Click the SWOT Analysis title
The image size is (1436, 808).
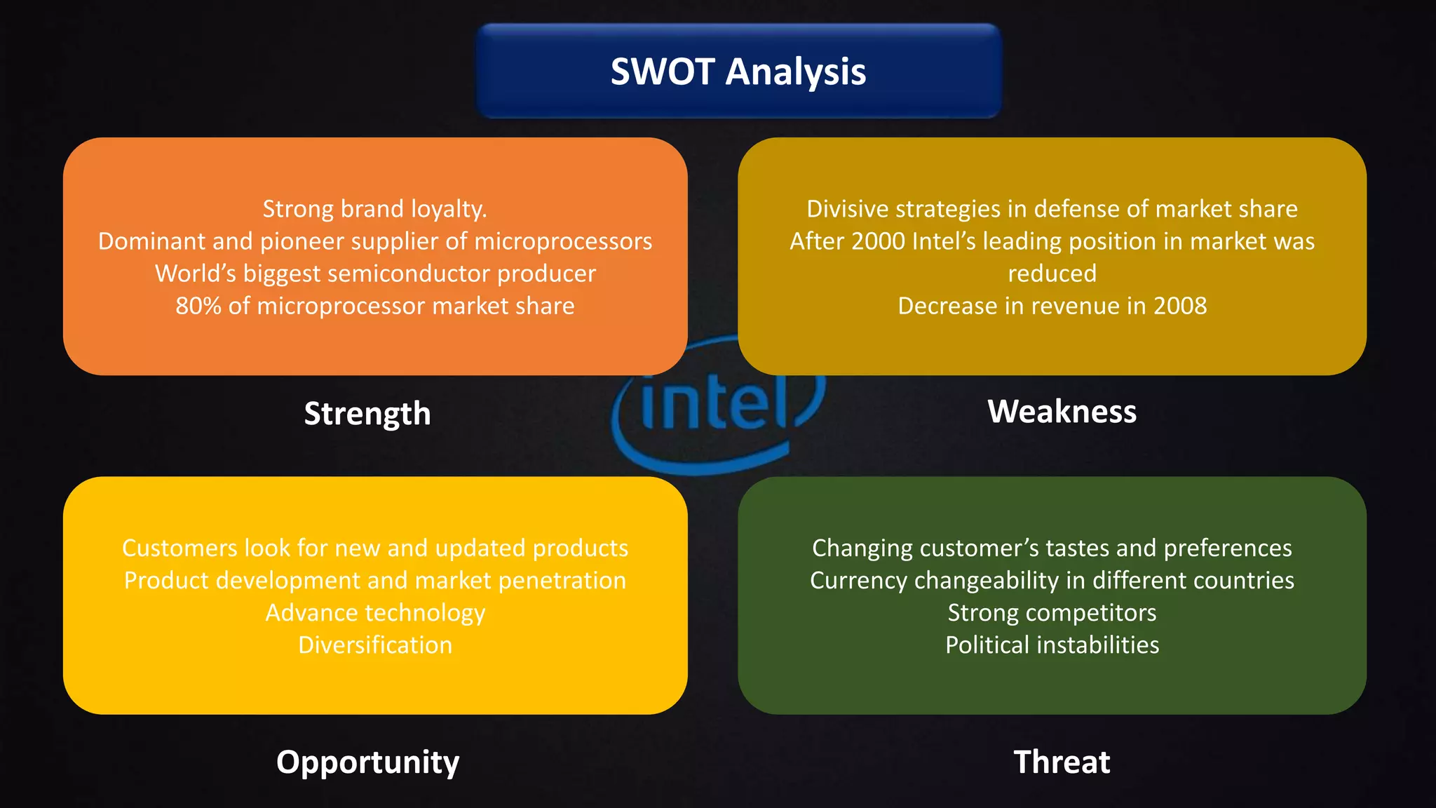(738, 72)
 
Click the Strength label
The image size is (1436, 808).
(367, 413)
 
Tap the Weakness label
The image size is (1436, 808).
(1062, 411)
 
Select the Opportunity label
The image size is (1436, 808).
(367, 762)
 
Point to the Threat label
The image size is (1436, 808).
(1062, 762)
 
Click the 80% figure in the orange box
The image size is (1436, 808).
(198, 306)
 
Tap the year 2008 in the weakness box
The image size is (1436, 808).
(1180, 306)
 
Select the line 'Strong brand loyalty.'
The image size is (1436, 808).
(375, 209)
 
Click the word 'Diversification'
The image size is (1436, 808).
(375, 645)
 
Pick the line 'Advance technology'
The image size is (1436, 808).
(375, 613)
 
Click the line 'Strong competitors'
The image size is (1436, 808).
(1052, 613)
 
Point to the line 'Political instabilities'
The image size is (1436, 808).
(1052, 645)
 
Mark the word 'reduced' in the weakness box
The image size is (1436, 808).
(1052, 274)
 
